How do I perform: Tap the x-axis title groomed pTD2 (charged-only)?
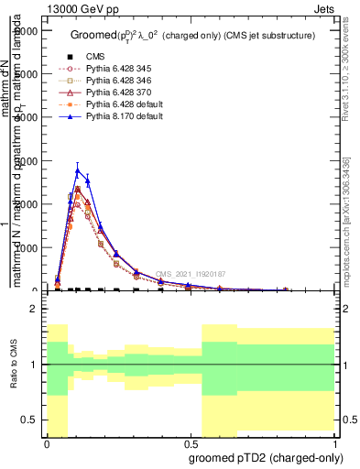pyautogui.click(x=266, y=458)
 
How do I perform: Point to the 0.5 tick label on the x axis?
pyautogui.click(x=191, y=442)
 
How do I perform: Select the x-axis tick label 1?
pyautogui.click(x=334, y=442)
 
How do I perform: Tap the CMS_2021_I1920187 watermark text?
pyautogui.click(x=190, y=274)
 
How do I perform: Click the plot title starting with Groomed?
pyautogui.click(x=192, y=35)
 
